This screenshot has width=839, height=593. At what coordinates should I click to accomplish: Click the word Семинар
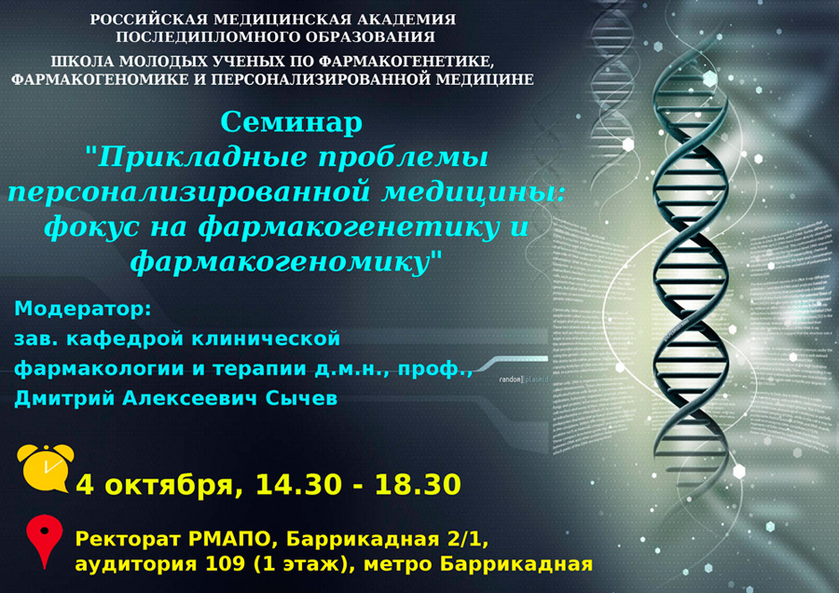[x=291, y=122]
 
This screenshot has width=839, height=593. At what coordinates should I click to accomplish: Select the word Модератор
[x=82, y=309]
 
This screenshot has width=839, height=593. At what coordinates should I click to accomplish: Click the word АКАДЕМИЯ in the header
[x=397, y=20]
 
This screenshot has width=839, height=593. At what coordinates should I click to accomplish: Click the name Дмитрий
[x=61, y=398]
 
